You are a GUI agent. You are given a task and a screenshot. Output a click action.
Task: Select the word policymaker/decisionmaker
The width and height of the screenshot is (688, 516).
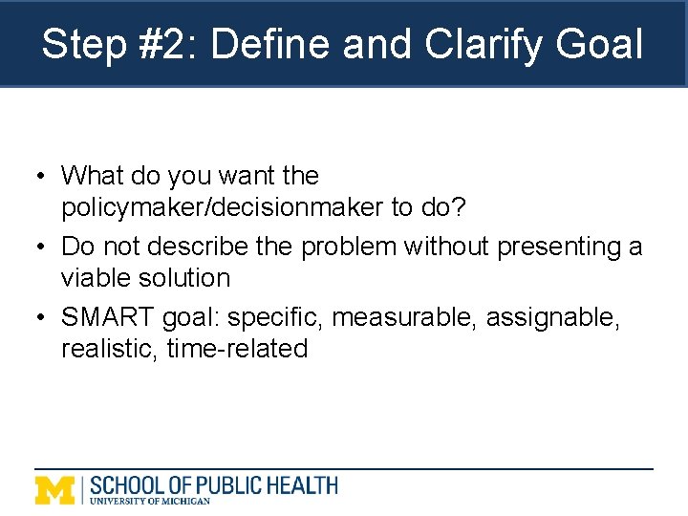pyautogui.click(x=221, y=207)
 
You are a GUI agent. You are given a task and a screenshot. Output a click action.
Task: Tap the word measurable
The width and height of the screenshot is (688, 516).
pyautogui.click(x=404, y=317)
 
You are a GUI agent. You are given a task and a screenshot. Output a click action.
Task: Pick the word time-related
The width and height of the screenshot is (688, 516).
pyautogui.click(x=237, y=349)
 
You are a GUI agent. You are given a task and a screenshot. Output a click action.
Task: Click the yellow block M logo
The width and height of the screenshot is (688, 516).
pyautogui.click(x=54, y=489)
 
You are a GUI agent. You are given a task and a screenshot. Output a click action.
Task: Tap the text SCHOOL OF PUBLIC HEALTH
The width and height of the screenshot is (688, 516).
pyautogui.click(x=213, y=484)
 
